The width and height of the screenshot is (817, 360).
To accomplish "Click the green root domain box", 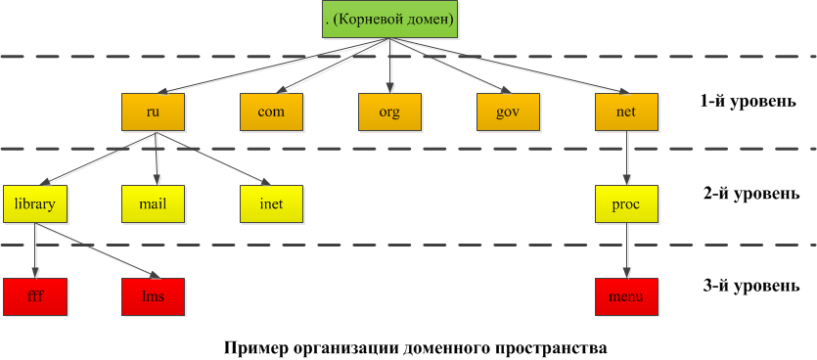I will [389, 19].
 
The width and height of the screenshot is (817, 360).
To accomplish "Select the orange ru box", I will [153, 112].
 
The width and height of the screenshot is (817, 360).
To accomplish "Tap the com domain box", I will [271, 112].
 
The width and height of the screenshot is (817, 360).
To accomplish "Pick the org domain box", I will [389, 112].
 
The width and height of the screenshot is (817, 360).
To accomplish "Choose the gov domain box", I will [507, 112].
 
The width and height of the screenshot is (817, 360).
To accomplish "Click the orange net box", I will [625, 112].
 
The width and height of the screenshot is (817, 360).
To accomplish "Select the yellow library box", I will [35, 203].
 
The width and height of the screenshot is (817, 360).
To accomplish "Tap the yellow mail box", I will [153, 203].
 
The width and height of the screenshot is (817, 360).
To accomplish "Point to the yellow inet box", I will [271, 203].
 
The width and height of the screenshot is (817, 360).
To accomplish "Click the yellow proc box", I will [625, 203].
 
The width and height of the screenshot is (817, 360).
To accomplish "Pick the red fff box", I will [35, 295].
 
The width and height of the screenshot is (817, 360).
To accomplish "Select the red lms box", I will [153, 295].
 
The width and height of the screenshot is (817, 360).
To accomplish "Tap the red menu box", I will [625, 295].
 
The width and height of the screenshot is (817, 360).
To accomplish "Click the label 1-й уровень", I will [740, 102].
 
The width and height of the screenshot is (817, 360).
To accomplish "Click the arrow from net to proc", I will [625, 157].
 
